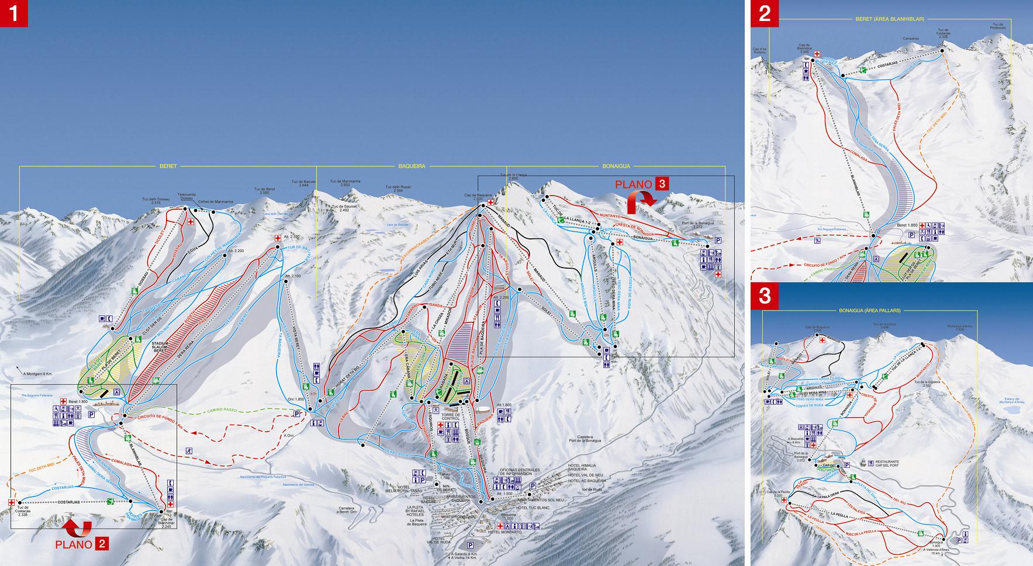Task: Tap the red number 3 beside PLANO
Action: click(662, 183)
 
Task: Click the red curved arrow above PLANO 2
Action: click(78, 527)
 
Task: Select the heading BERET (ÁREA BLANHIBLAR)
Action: click(889, 19)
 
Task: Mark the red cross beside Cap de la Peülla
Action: click(783, 500)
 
